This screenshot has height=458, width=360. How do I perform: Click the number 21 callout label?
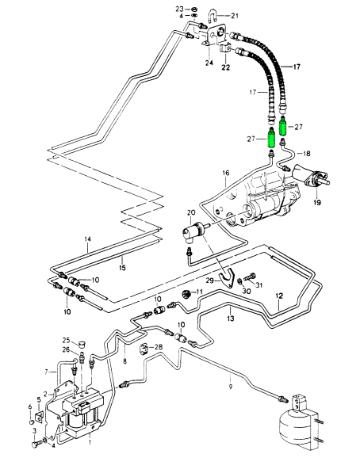point(235,16)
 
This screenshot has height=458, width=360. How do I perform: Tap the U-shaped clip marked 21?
point(213,17)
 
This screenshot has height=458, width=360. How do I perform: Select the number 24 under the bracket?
point(209,63)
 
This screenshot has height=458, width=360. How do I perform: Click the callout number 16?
point(226,173)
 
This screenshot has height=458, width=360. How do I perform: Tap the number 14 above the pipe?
point(88,239)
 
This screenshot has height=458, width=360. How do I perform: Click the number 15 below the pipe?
point(122,267)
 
